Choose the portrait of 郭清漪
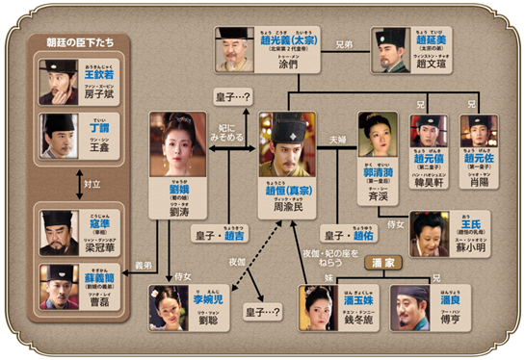coord(377,134)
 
